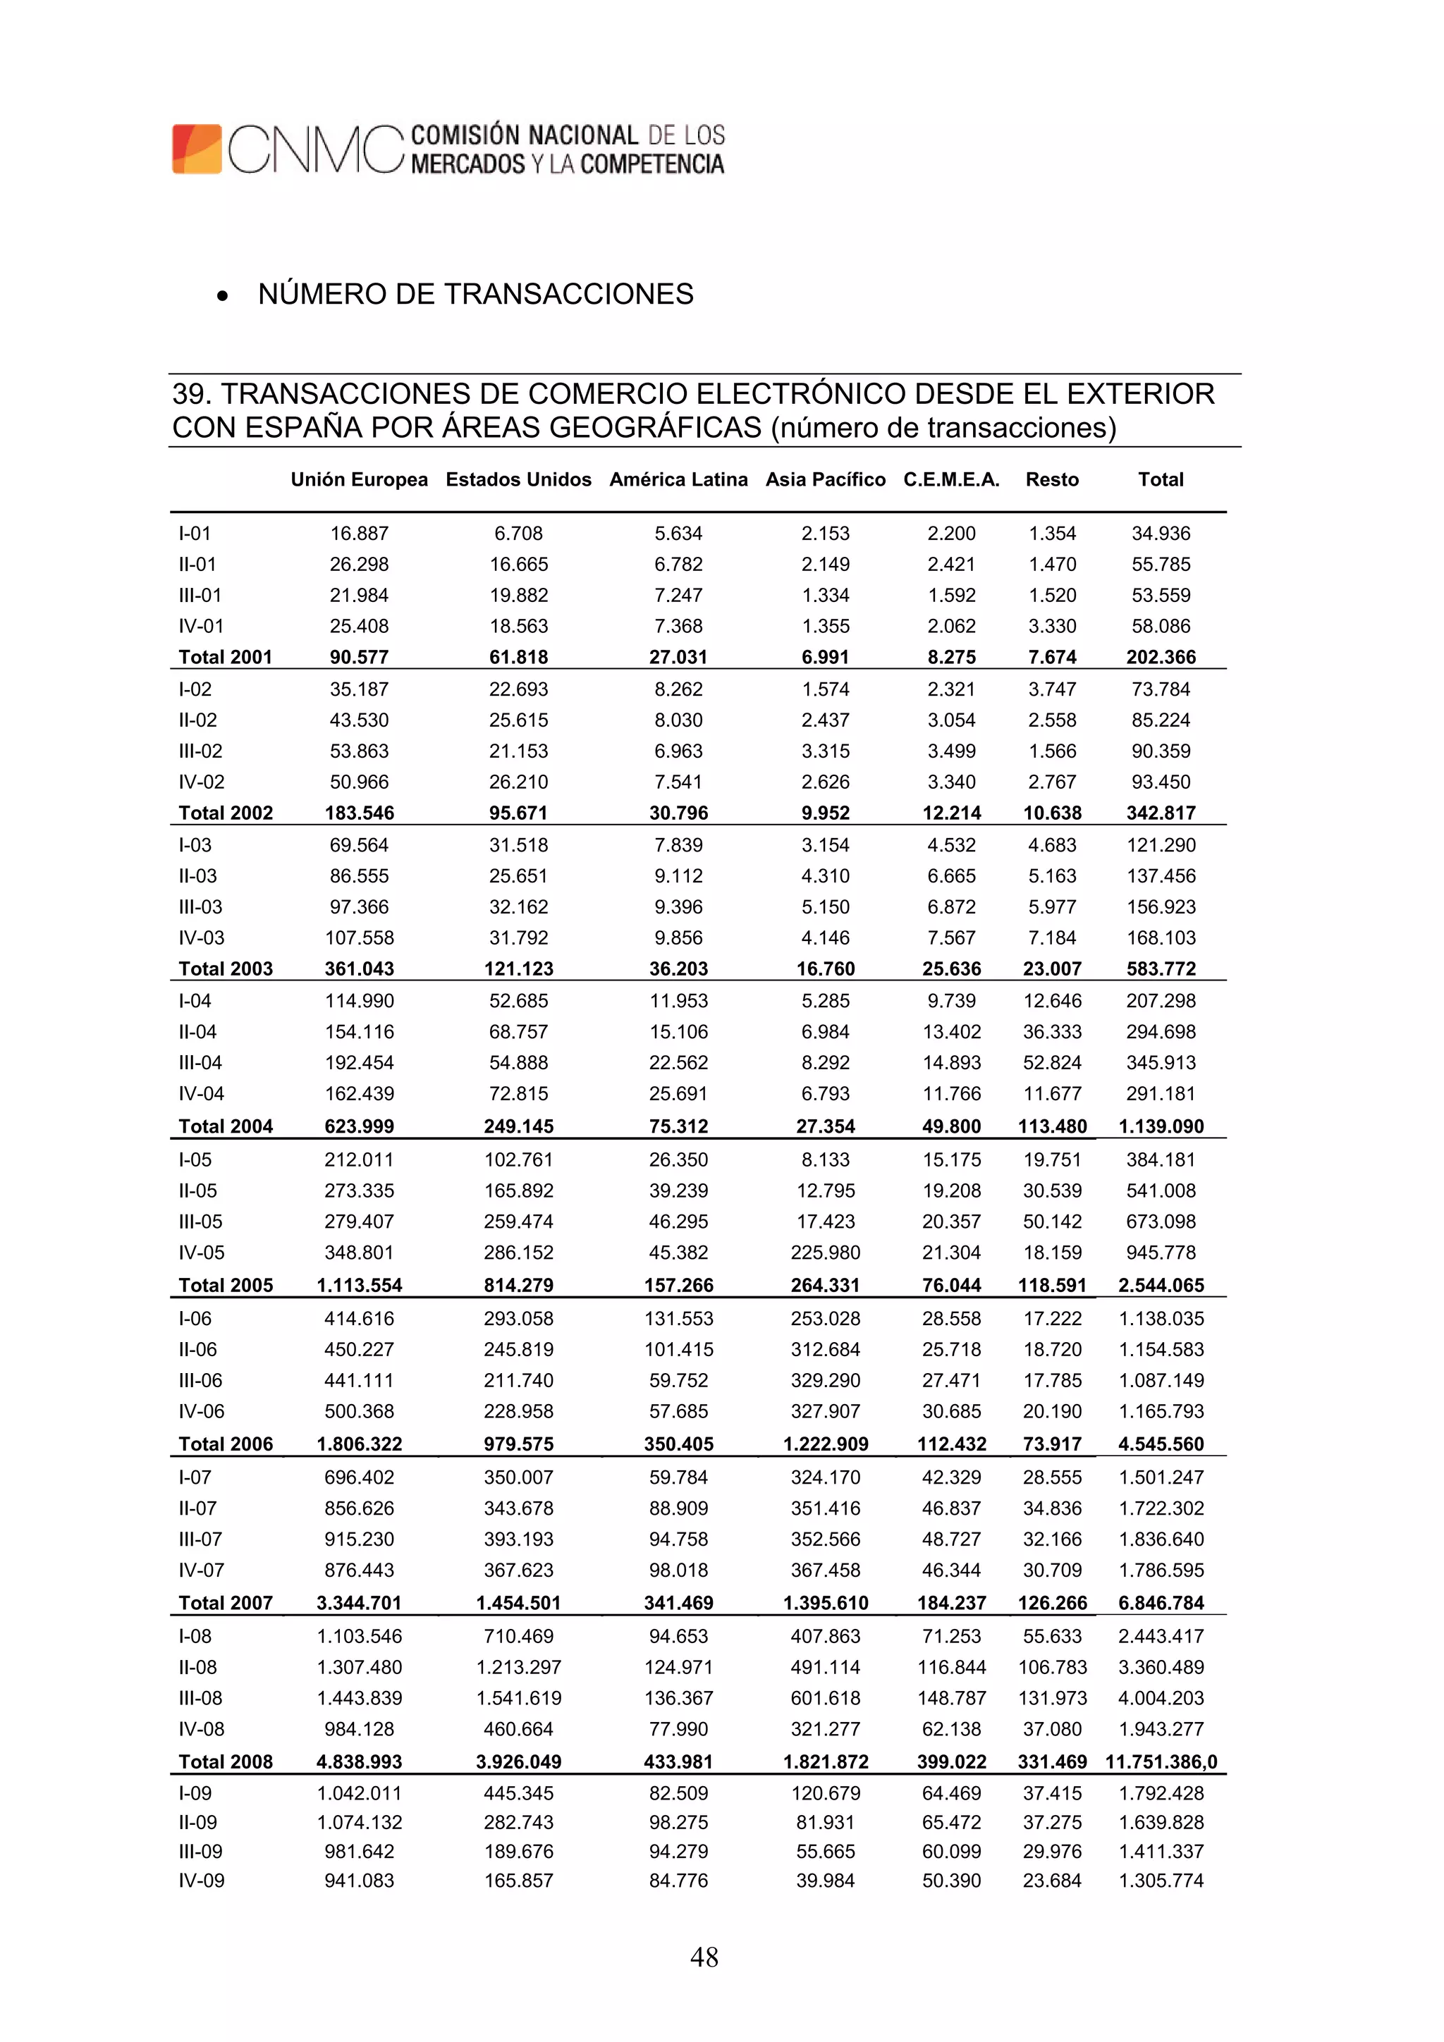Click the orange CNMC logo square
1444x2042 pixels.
pyautogui.click(x=197, y=149)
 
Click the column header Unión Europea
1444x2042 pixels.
pyautogui.click(x=359, y=479)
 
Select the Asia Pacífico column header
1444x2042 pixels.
pyautogui.click(x=825, y=479)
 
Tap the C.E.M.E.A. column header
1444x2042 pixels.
pyautogui.click(x=951, y=479)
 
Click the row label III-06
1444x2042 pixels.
pyautogui.click(x=200, y=1380)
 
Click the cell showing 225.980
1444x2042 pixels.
pyautogui.click(x=825, y=1253)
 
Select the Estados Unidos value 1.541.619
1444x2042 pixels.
pyautogui.click(x=519, y=1698)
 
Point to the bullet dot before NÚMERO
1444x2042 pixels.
pyautogui.click(x=222, y=296)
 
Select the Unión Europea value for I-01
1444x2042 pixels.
pyautogui.click(x=359, y=534)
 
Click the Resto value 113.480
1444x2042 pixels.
pyautogui.click(x=1052, y=1126)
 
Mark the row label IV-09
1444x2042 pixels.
pyautogui.click(x=201, y=1880)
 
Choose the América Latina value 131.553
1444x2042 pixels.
pyautogui.click(x=678, y=1319)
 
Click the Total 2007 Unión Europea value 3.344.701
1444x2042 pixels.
pyautogui.click(x=359, y=1603)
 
